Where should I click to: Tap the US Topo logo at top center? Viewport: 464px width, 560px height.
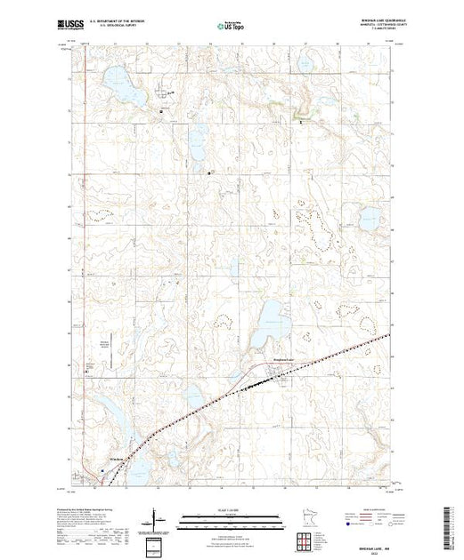[x=231, y=28]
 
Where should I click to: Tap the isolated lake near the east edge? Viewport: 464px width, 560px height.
[x=369, y=216]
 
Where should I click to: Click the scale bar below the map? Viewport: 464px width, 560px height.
[x=231, y=522]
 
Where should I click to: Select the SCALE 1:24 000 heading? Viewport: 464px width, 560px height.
[x=231, y=509]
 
